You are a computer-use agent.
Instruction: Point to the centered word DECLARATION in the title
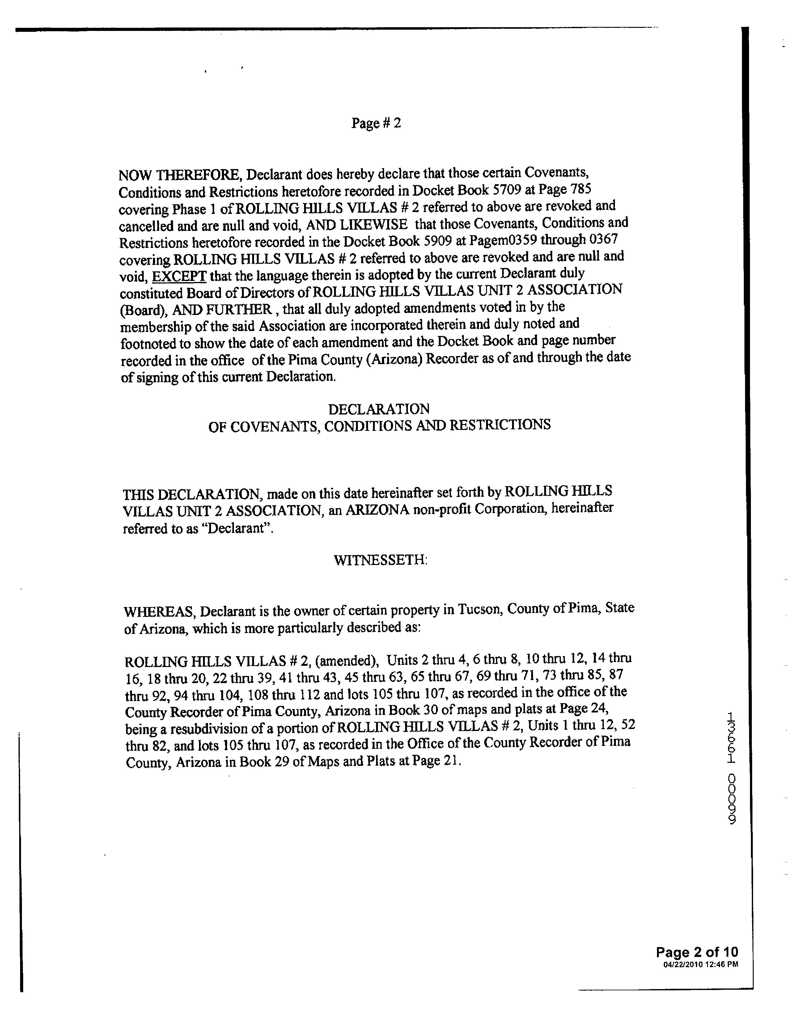[x=379, y=409]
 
